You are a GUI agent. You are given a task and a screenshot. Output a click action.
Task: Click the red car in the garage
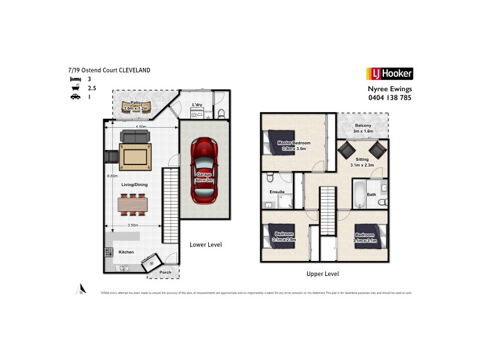tap(204, 170)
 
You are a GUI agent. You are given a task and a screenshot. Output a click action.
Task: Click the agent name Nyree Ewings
tap(389, 89)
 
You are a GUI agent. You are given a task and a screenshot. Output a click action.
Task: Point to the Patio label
tap(135, 106)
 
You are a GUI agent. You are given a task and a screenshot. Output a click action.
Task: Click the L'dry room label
tap(197, 106)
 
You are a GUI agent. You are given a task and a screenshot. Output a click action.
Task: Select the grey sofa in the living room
tap(135, 136)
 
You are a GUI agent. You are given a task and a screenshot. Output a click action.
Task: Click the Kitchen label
tap(126, 252)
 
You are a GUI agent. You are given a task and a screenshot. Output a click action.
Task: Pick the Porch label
tap(165, 272)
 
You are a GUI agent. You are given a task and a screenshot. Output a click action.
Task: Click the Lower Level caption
tap(206, 245)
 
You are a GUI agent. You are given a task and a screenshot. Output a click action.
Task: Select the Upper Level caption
tap(323, 274)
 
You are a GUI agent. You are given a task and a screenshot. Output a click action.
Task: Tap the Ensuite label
tap(277, 191)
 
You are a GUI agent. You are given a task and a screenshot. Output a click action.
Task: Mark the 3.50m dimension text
tap(132, 225)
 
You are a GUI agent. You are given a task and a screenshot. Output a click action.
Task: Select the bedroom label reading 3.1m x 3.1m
tap(365, 237)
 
